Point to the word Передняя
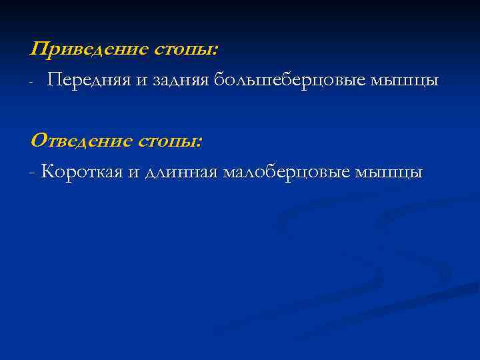[x=86, y=81]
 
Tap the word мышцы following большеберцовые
[x=404, y=81]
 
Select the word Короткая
[x=81, y=173]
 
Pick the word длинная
[x=181, y=173]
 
